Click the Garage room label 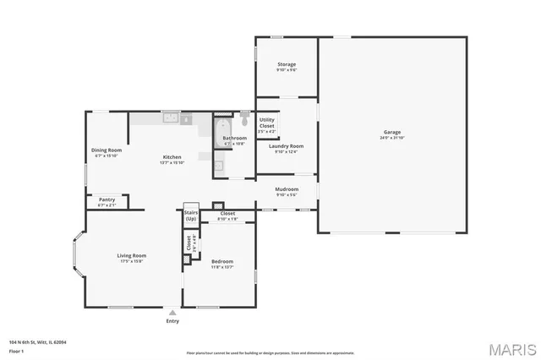click(392, 132)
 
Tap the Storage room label click(287, 64)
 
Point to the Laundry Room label click(286, 146)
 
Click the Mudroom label click(287, 188)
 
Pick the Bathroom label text click(234, 138)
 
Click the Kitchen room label click(172, 157)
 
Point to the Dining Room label click(106, 150)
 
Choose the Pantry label click(107, 199)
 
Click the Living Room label click(132, 255)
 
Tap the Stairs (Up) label click(190, 215)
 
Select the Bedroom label click(221, 261)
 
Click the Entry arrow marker click(172, 312)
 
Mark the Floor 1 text click(17, 350)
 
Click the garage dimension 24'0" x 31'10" click(392, 138)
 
